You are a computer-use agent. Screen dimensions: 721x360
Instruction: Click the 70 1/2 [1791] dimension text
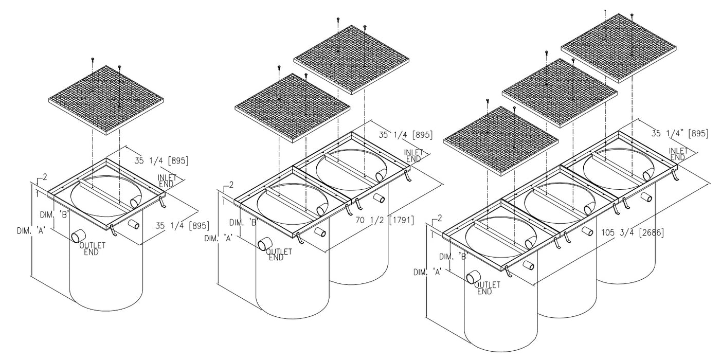coord(385,220)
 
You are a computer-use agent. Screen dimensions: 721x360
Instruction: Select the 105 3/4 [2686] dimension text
coord(633,232)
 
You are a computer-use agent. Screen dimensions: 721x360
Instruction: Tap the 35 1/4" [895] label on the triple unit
coord(680,133)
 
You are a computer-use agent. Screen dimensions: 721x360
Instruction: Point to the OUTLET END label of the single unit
coord(92,249)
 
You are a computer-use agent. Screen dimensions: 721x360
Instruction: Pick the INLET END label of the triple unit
coord(678,154)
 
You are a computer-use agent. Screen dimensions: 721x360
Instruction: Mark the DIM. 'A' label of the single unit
coord(31,231)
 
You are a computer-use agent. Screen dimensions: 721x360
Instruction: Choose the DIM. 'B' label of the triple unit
coord(454,257)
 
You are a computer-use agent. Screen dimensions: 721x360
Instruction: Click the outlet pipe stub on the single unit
coord(77,237)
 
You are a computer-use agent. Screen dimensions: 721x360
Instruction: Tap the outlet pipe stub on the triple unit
coord(474,277)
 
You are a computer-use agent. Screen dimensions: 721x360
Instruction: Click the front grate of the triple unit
coord(501,141)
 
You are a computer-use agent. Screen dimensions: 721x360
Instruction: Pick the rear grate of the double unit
coord(351,60)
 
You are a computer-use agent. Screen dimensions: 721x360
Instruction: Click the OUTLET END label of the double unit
coord(279,255)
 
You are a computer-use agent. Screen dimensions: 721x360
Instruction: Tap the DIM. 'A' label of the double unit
coord(219,239)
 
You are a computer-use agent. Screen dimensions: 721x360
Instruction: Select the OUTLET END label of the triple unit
coord(487,288)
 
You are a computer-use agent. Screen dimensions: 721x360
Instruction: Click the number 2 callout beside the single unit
coord(45,177)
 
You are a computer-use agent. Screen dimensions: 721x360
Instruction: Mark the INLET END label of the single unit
coord(167,181)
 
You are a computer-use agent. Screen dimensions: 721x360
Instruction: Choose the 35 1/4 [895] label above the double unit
coord(406,135)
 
